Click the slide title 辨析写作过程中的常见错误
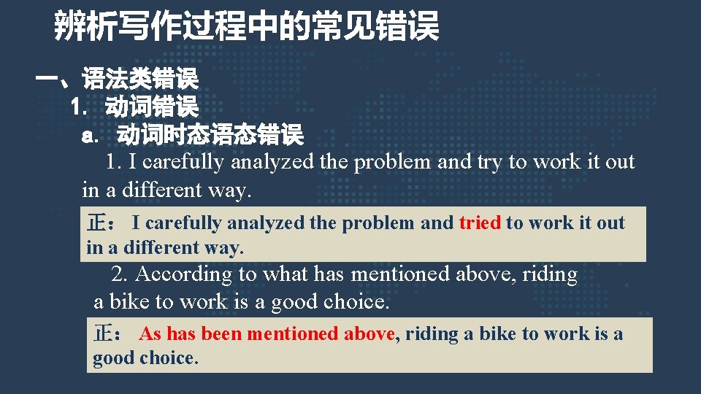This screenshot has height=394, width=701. pyautogui.click(x=247, y=27)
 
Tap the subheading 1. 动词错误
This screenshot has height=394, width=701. pyautogui.click(x=134, y=107)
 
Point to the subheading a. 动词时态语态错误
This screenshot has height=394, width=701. pyautogui.click(x=193, y=135)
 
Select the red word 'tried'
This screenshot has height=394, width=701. pyautogui.click(x=480, y=223)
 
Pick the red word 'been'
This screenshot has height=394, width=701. pyautogui.click(x=221, y=334)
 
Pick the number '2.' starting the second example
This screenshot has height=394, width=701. pyautogui.click(x=120, y=274)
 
